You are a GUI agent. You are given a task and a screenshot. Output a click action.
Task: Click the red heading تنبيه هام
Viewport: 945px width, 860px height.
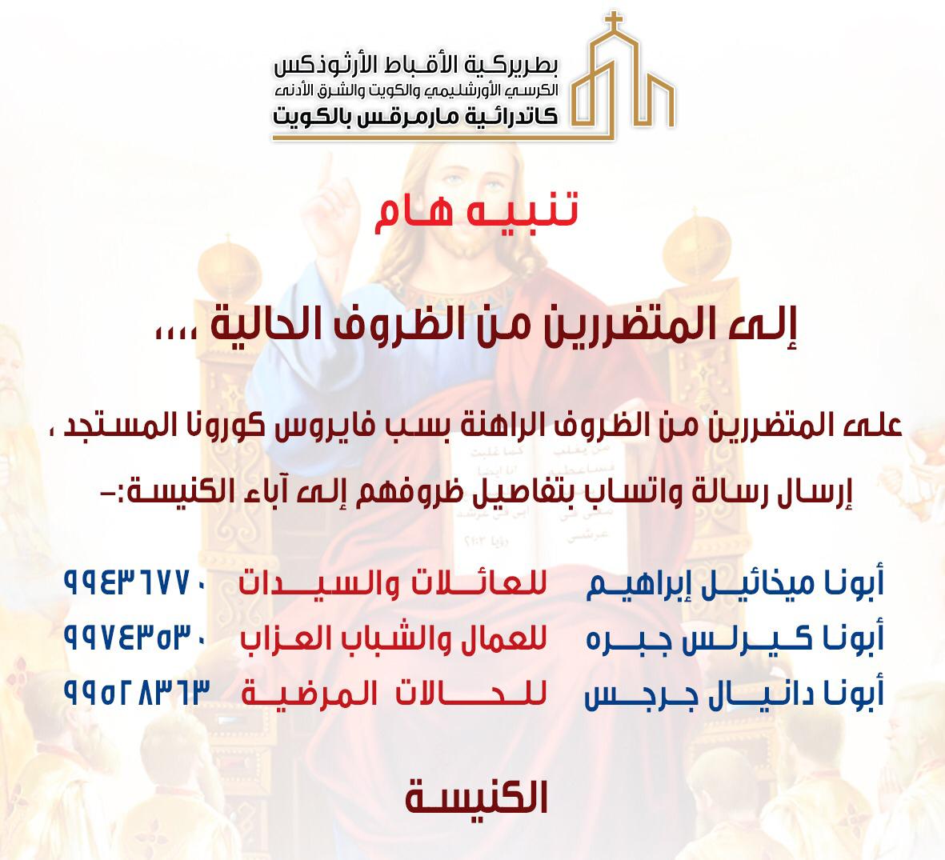click(x=476, y=212)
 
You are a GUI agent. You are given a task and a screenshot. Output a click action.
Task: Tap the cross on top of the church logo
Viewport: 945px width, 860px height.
click(x=614, y=22)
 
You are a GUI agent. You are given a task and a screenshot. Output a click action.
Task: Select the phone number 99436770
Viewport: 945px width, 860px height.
click(x=135, y=583)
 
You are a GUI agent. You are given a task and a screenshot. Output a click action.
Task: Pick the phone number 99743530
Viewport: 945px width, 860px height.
click(x=135, y=638)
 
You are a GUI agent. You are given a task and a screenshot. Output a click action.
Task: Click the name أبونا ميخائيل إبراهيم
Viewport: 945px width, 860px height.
click(x=735, y=583)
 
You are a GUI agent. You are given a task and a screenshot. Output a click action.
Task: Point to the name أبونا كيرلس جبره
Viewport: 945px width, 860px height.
click(x=735, y=638)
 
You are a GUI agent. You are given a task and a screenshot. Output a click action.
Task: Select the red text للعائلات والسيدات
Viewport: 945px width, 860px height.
click(x=393, y=582)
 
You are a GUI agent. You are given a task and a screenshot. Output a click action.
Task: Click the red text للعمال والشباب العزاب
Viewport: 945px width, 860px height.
click(x=394, y=638)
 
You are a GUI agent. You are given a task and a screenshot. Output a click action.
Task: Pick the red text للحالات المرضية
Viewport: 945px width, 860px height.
click(x=394, y=692)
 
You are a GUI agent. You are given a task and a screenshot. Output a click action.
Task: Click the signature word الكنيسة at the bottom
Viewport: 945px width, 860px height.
click(x=476, y=797)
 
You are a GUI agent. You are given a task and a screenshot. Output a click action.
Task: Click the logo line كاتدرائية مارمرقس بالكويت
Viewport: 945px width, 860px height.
click(x=415, y=115)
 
